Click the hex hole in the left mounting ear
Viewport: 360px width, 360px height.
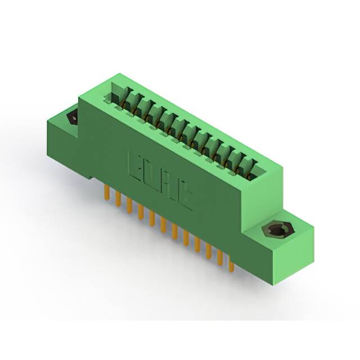click(72, 118)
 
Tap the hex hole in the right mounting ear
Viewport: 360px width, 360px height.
click(275, 231)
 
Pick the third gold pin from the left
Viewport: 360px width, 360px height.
click(129, 205)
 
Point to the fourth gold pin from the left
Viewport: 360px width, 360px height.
click(140, 212)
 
